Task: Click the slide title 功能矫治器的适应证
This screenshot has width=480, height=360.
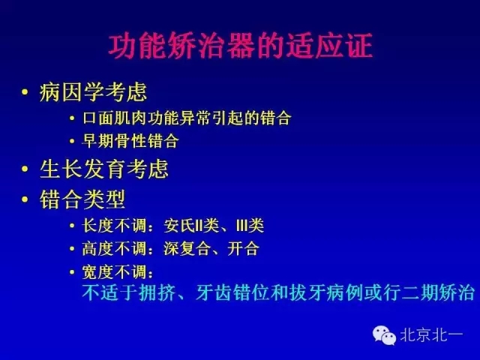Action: click(x=240, y=46)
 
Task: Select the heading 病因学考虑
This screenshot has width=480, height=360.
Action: click(x=93, y=93)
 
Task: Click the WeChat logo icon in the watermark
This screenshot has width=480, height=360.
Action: click(x=385, y=335)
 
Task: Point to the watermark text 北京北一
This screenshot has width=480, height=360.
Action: click(x=433, y=336)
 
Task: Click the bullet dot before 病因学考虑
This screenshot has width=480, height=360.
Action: click(x=26, y=94)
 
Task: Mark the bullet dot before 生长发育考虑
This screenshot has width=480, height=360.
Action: click(x=26, y=169)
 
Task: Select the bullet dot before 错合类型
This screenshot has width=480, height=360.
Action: click(x=26, y=200)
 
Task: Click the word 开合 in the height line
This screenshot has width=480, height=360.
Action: click(x=245, y=248)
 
